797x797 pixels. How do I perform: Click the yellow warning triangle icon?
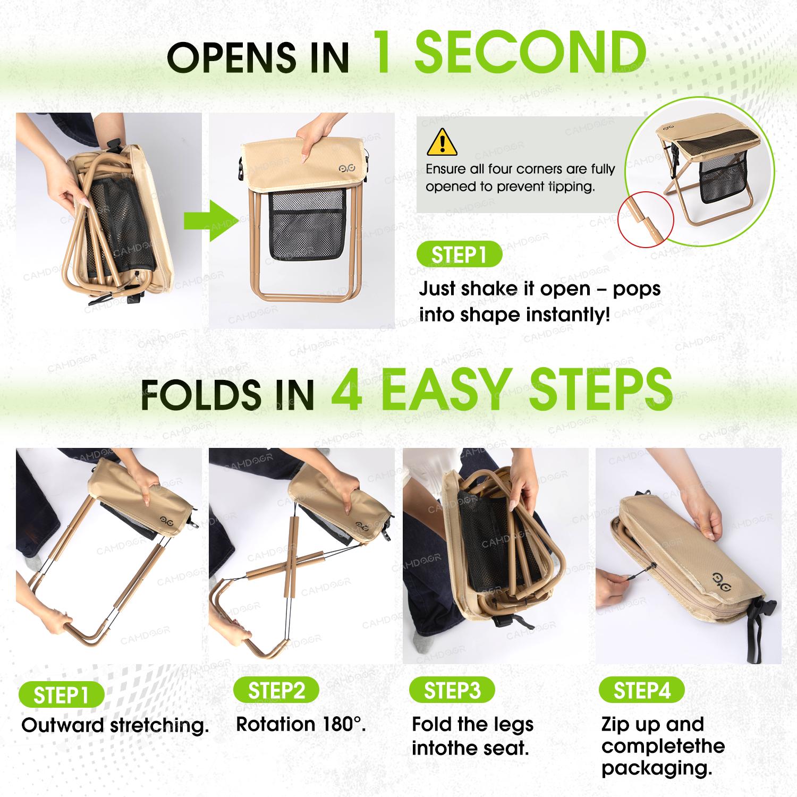[442, 141]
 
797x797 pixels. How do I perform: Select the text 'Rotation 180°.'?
[301, 724]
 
